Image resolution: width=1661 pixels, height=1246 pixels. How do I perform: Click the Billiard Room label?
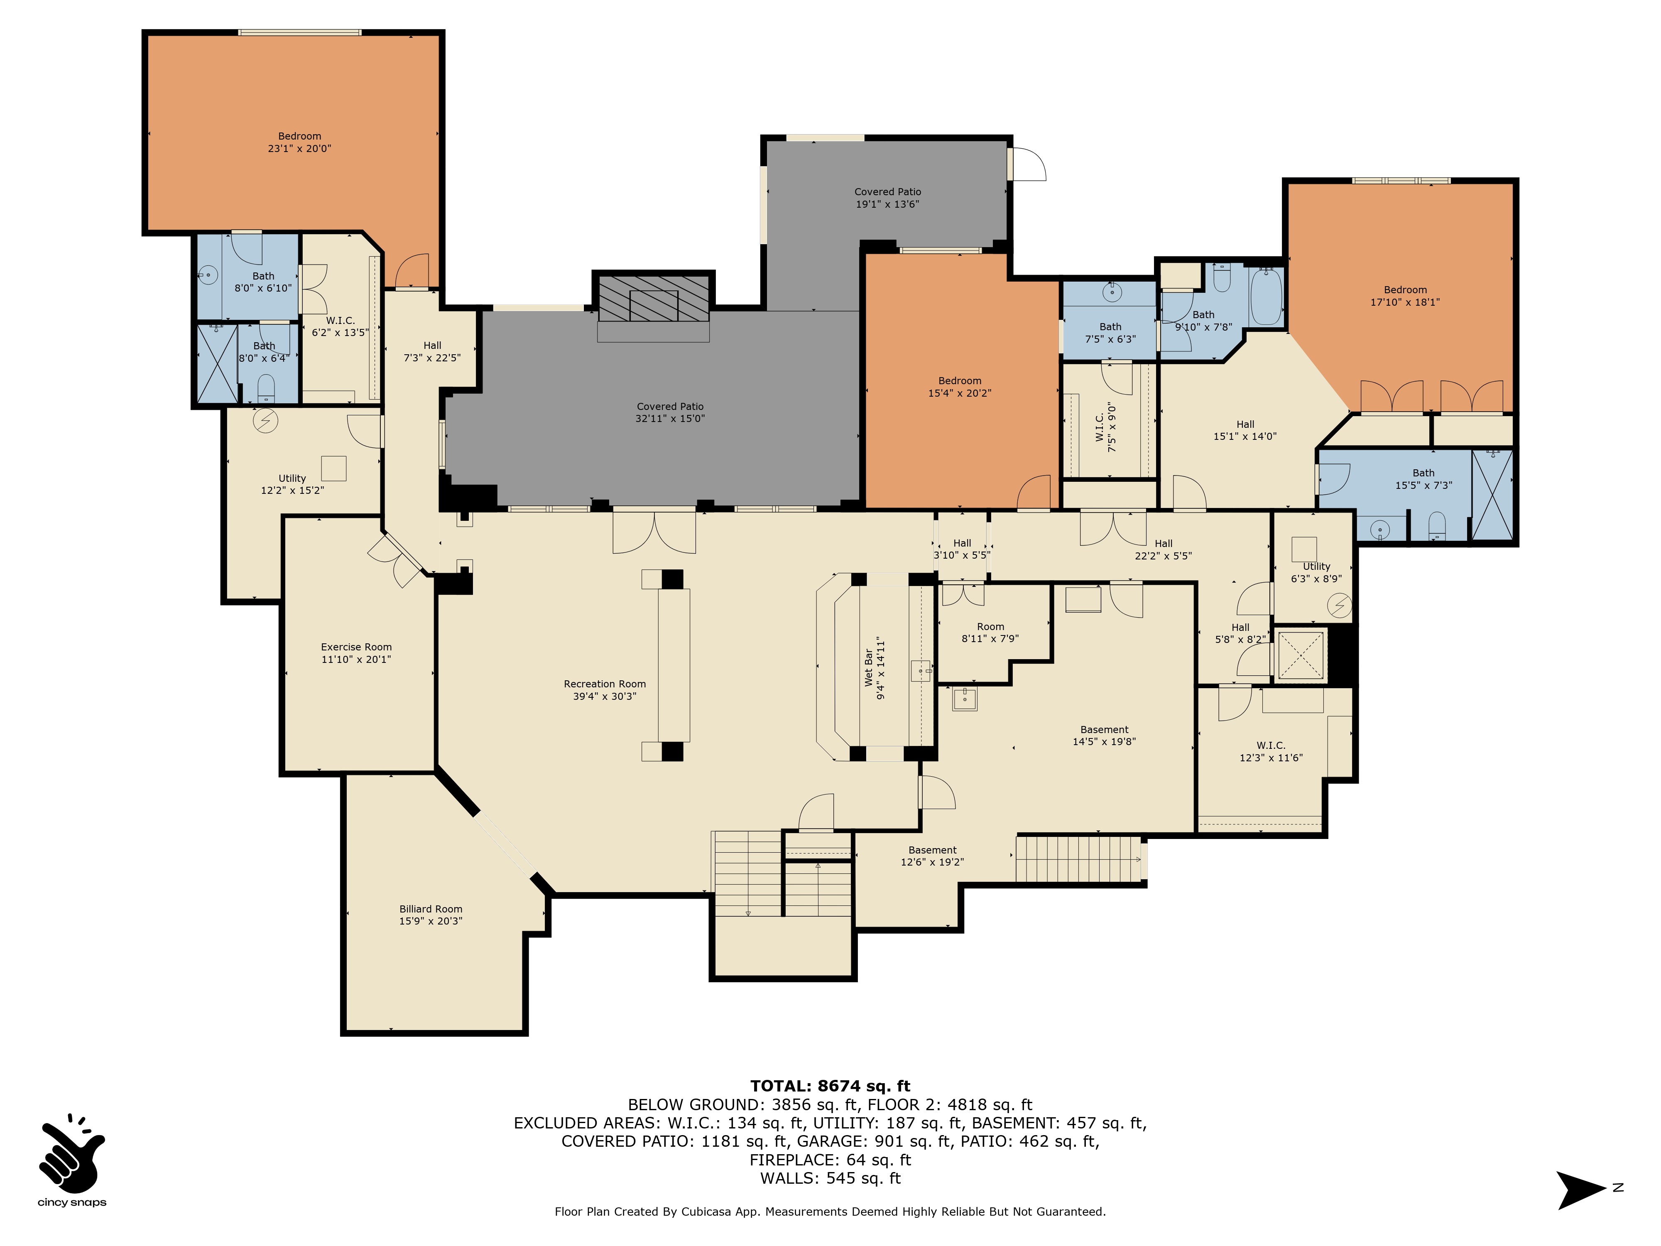[431, 915]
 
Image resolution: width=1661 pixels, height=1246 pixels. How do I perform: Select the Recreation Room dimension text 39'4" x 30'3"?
[605, 696]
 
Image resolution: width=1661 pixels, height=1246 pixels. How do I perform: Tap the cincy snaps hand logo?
[72, 1157]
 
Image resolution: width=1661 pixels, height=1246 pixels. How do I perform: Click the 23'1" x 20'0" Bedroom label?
[300, 142]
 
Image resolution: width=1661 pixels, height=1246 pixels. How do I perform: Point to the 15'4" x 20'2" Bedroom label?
[960, 387]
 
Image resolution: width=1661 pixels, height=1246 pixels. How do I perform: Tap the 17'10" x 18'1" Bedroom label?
[1405, 296]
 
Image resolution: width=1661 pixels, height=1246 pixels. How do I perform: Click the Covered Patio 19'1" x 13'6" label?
[887, 198]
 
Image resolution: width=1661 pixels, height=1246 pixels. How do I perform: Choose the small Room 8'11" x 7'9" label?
[990, 633]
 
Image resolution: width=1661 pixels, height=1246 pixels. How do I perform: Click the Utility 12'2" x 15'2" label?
[292, 484]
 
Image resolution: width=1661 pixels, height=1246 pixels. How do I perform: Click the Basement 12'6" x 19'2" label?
[933, 856]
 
